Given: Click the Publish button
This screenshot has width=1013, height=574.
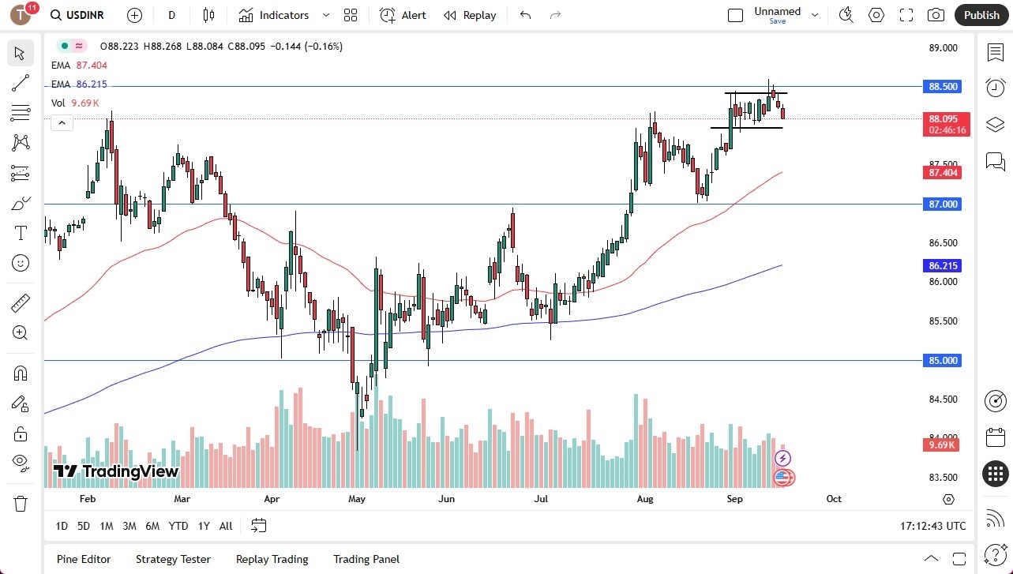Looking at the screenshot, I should pyautogui.click(x=981, y=15).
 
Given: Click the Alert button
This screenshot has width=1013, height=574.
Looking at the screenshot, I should pyautogui.click(x=403, y=15).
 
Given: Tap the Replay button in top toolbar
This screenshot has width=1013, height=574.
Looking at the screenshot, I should pyautogui.click(x=470, y=15).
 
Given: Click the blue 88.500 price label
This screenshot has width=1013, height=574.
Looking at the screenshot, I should pyautogui.click(x=941, y=87).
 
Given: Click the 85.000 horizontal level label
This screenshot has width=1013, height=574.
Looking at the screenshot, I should pyautogui.click(x=941, y=361).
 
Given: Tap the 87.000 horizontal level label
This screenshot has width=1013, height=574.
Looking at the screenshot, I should pyautogui.click(x=941, y=204).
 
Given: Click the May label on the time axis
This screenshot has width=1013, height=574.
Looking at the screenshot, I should pyautogui.click(x=356, y=499).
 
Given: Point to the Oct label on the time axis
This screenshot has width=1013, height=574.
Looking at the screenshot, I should pyautogui.click(x=834, y=499).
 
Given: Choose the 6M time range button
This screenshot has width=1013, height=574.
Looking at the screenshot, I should pyautogui.click(x=152, y=526).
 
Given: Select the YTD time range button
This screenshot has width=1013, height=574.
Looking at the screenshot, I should pyautogui.click(x=178, y=526).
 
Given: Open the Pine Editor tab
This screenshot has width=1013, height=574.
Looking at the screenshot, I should pyautogui.click(x=84, y=559).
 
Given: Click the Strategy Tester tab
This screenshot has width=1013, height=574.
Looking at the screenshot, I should pyautogui.click(x=173, y=559).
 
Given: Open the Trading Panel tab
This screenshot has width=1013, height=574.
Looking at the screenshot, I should pyautogui.click(x=366, y=559).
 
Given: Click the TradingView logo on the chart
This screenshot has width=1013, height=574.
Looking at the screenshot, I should pyautogui.click(x=116, y=471).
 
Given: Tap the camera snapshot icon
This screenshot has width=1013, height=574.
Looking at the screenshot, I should pyautogui.click(x=936, y=15).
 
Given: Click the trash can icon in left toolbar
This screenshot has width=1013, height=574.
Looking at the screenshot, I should pyautogui.click(x=21, y=503).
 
